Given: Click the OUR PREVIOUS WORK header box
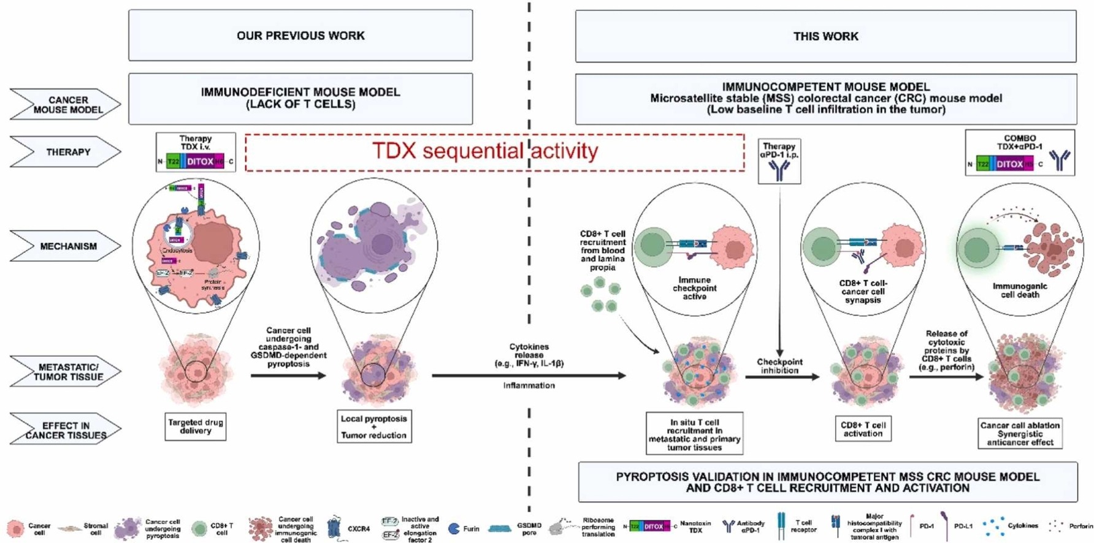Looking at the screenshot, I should tap(300, 36).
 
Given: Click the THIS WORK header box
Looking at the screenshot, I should tap(825, 36).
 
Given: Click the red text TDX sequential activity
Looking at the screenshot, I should tap(484, 151).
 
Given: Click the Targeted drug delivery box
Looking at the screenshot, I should tap(195, 427).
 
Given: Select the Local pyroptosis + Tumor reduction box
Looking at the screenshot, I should tap(374, 427).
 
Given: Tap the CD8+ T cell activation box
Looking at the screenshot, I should tap(863, 429).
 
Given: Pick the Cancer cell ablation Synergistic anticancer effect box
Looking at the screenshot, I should tap(1020, 433).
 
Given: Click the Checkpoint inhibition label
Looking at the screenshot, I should tap(779, 366).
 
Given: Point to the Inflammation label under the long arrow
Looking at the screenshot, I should tap(529, 385).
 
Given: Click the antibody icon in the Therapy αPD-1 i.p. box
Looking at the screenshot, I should tap(779, 171).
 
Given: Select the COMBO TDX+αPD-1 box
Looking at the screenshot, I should tap(1019, 153).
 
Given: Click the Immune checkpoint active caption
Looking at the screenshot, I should tap(694, 288).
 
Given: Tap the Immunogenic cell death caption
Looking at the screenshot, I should tap(1020, 290).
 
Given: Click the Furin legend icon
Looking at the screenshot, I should tap(454, 528).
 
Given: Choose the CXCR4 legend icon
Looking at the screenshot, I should tap(334, 528).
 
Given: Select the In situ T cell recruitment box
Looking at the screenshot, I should tap(694, 434).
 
